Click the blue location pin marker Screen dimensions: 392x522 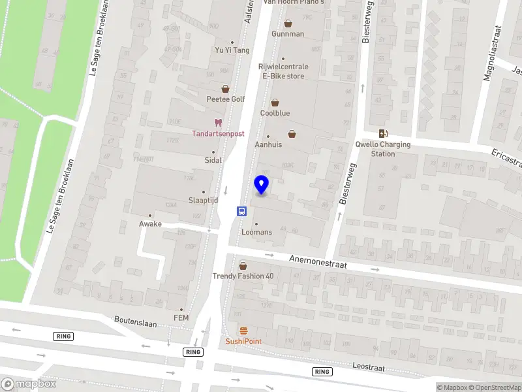click(x=262, y=184)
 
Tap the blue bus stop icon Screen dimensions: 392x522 click(x=241, y=210)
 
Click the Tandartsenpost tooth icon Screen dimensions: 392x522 click(x=218, y=122)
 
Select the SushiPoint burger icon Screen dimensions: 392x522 click(x=243, y=330)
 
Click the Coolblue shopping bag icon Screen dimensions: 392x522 click(x=275, y=103)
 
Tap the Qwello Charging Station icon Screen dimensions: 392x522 click(x=383, y=133)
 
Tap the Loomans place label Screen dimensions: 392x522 click(x=256, y=232)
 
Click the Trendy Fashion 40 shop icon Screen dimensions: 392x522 click(x=243, y=266)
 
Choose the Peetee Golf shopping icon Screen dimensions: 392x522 click(x=225, y=89)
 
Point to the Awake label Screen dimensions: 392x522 click(x=150, y=223)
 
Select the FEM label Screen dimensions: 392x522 click(x=181, y=318)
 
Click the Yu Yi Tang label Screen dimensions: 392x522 click(x=232, y=50)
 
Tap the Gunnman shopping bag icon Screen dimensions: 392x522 click(x=288, y=24)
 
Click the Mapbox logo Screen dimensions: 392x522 click(x=29, y=384)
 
